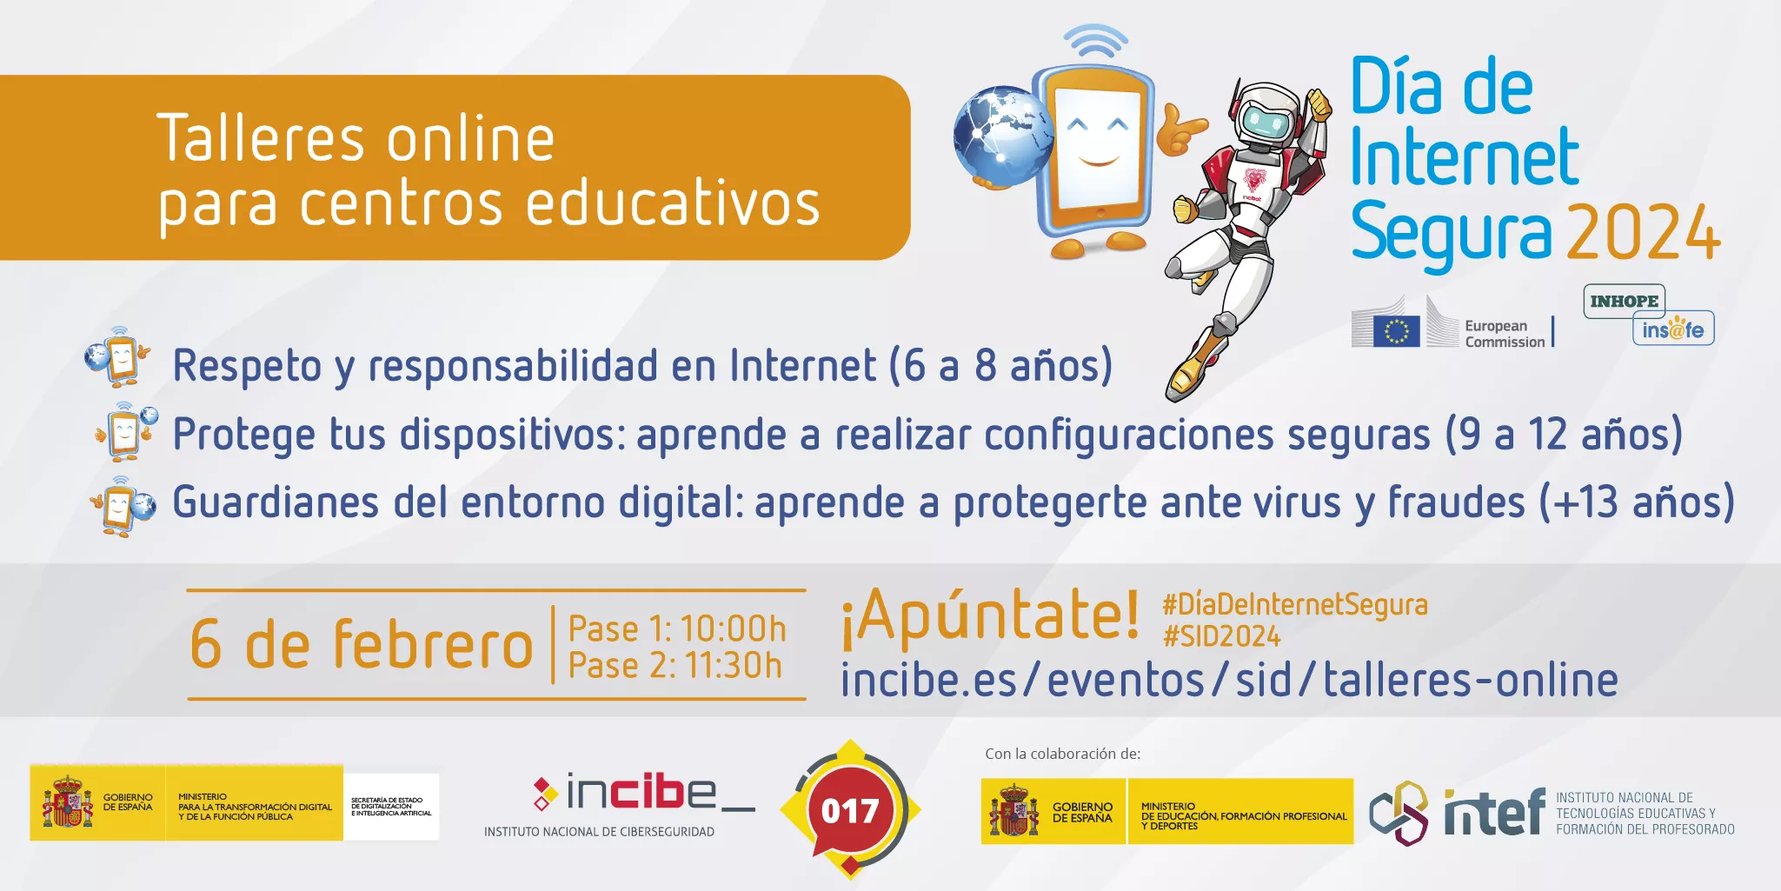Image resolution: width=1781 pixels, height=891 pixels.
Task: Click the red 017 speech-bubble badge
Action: (849, 810)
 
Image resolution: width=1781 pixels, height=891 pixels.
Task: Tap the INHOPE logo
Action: (1624, 301)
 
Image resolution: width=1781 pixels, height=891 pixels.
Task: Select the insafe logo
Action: (1673, 329)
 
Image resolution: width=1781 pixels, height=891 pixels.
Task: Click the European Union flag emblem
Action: (1396, 331)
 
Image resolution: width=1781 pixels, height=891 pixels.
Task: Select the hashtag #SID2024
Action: (1221, 636)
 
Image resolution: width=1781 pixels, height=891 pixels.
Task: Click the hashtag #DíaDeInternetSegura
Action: (1294, 604)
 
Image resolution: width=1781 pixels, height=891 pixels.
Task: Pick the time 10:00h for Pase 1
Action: (733, 628)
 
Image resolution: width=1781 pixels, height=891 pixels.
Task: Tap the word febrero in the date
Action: (432, 645)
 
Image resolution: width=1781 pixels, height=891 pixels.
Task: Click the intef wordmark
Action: (1494, 813)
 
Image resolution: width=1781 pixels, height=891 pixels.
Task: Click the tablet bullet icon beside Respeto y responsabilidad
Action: (119, 356)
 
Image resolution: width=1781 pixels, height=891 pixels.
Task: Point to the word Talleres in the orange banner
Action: (261, 139)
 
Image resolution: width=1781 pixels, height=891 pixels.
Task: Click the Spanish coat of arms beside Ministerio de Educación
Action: (1013, 812)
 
